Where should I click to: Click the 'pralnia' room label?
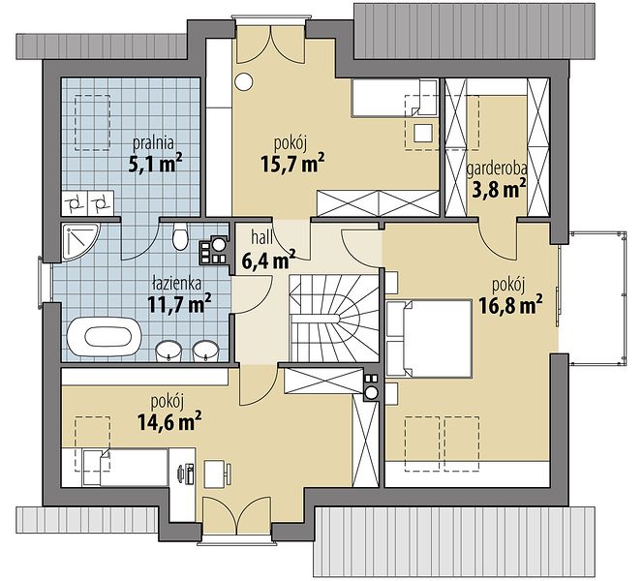(x=153, y=143)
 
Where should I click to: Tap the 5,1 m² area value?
(x=155, y=164)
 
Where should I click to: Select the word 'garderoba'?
(x=497, y=168)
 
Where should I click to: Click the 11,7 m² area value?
(x=179, y=303)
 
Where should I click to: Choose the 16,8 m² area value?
(x=510, y=305)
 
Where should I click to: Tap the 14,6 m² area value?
(x=169, y=421)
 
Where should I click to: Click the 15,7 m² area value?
(x=292, y=164)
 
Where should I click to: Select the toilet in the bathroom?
(x=180, y=236)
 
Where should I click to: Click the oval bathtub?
(x=105, y=336)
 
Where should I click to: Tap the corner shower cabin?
(x=80, y=241)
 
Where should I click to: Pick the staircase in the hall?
(x=334, y=319)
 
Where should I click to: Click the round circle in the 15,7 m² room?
(x=244, y=81)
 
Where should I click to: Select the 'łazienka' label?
(x=176, y=284)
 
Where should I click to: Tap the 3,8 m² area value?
(x=499, y=189)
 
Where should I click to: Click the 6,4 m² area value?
(x=268, y=260)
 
